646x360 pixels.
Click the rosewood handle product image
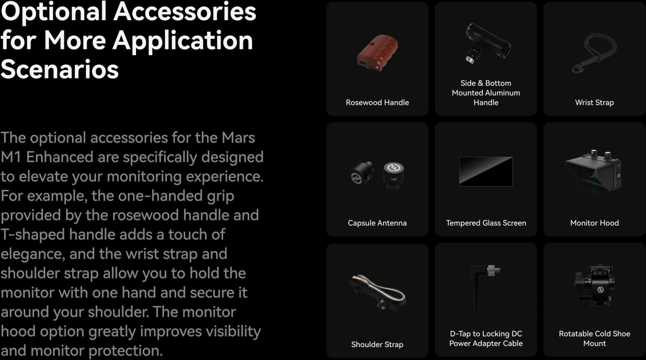point(377,53)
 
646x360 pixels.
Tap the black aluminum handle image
point(488,43)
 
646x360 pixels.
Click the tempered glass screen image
point(486,172)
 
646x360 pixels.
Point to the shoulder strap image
point(377,292)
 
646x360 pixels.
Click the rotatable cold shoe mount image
point(594,285)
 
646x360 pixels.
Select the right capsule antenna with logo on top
point(394,176)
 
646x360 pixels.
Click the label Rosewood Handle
point(377,102)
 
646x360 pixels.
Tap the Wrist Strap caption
point(594,102)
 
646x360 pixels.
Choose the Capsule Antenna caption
point(377,223)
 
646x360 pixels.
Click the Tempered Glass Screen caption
point(486,223)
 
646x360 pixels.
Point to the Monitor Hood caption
point(594,223)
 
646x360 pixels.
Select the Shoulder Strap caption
point(377,344)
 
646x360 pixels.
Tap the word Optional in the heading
point(54,12)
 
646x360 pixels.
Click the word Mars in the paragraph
point(238,138)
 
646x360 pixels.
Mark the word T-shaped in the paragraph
point(32,235)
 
